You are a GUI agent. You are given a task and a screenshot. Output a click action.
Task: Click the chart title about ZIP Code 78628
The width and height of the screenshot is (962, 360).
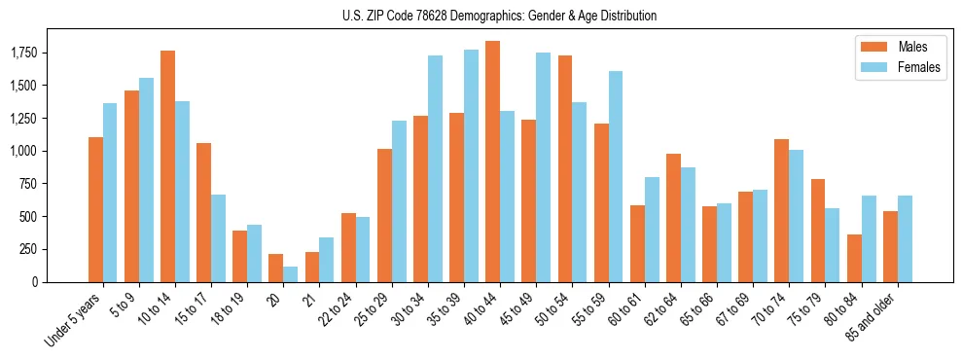(499, 16)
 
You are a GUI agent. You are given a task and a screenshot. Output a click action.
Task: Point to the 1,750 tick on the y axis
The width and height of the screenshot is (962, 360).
(22, 53)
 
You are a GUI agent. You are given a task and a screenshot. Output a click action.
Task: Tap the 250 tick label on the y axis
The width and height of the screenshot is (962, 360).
(28, 249)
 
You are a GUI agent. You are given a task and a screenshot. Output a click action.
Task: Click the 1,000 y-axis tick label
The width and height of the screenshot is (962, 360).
(22, 151)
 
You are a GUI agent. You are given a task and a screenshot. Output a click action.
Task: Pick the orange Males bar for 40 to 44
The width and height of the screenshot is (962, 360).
(492, 162)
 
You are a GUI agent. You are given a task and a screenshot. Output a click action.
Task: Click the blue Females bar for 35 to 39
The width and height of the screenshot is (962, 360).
(471, 165)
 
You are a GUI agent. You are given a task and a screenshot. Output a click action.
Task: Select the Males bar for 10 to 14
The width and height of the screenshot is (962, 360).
(167, 166)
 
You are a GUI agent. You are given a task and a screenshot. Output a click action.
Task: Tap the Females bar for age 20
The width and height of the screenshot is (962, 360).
(290, 274)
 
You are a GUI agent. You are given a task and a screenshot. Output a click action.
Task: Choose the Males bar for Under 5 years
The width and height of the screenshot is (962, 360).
(95, 209)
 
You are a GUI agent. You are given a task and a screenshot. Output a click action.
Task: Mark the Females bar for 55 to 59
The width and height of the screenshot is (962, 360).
(615, 176)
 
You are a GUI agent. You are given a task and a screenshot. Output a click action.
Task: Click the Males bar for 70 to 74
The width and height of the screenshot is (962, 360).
(781, 210)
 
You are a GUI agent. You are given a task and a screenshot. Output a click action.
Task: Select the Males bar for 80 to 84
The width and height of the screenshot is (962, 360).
(853, 258)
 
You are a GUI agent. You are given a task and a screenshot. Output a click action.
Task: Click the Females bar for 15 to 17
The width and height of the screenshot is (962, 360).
(218, 238)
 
